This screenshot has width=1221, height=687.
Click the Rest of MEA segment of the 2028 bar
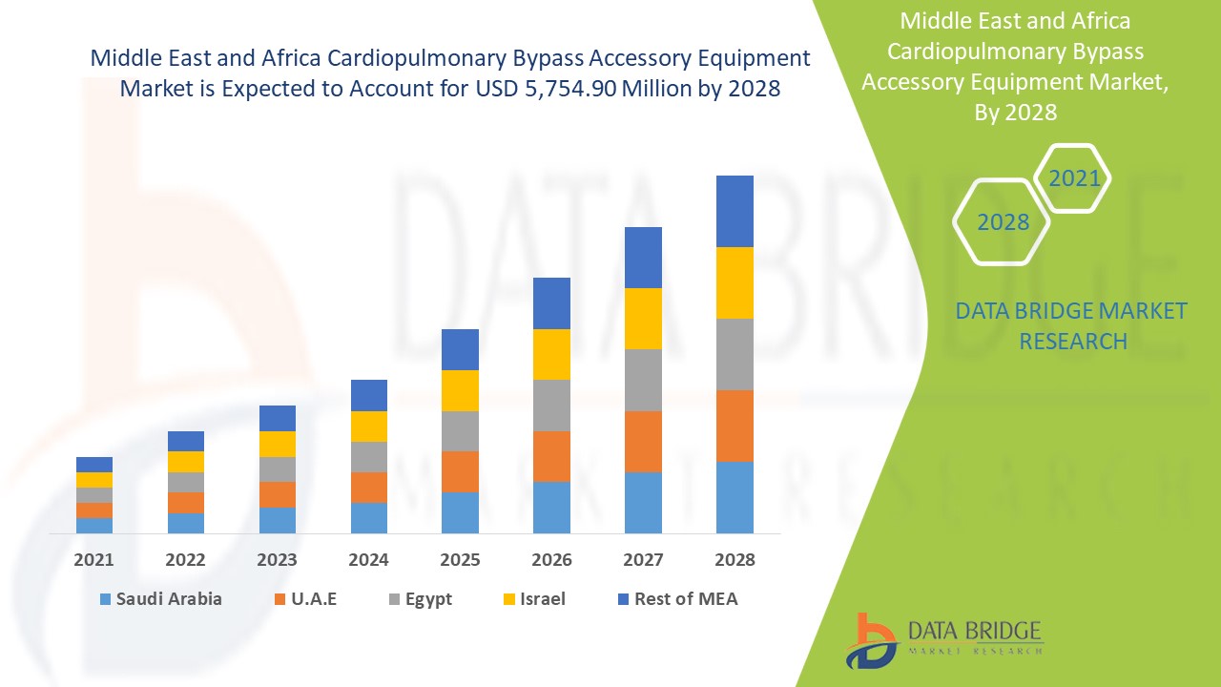coord(735,211)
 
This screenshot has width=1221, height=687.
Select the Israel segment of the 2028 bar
coord(735,282)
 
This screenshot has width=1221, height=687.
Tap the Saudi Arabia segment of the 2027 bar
coord(643,502)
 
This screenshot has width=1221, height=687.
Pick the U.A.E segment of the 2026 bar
coord(551,456)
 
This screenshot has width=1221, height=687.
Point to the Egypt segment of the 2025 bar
coord(460,431)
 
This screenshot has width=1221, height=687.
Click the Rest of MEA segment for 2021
coord(94,465)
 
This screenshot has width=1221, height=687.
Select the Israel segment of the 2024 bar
coord(369,427)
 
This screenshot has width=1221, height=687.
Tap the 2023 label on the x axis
coord(277,560)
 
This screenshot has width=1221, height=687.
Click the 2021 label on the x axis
coord(94,560)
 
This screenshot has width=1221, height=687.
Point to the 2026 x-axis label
coord(551,560)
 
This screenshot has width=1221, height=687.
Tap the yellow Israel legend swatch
coord(510,599)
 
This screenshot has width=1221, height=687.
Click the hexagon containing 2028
coord(1003,222)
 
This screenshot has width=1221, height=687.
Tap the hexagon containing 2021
coord(1074,178)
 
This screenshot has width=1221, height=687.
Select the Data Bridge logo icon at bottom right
coord(871,640)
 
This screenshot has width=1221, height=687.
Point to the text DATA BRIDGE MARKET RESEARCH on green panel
coord(1072,325)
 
